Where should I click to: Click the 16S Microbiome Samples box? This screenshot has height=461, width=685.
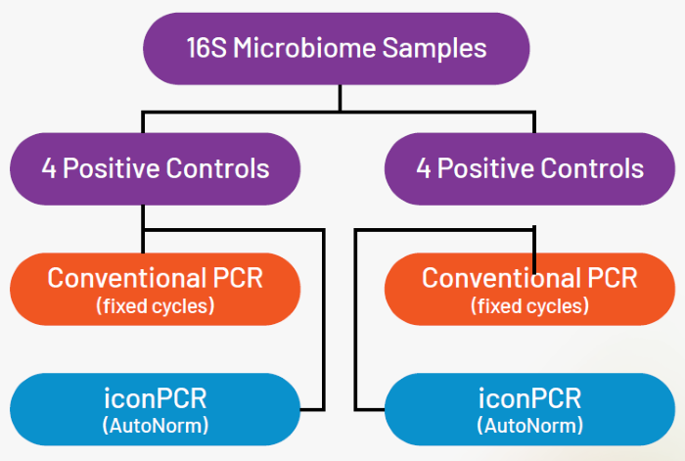coord(337,47)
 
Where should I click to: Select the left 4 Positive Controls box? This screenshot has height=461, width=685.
coord(155,167)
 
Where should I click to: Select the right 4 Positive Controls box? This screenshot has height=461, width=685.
coord(529,167)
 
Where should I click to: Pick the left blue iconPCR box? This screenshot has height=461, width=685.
coord(155,409)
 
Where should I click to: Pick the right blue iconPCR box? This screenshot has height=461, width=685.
coord(529,409)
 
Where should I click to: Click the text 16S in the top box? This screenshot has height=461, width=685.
coord(205,47)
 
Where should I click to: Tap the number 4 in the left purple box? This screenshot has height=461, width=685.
coord(49,167)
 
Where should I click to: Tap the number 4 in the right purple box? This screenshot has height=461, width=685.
coord(424,167)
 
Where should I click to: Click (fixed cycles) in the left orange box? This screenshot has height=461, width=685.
coord(155,306)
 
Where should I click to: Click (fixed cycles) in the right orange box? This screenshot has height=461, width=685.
coord(529,306)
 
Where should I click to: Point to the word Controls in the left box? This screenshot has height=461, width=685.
coord(218,167)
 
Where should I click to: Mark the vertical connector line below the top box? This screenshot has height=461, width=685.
coord(340,97)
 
